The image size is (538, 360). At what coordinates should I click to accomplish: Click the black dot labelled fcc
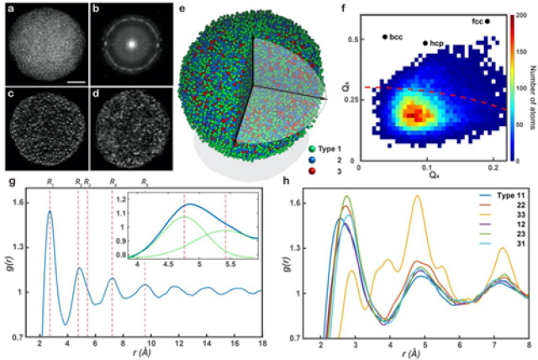click(x=487, y=21)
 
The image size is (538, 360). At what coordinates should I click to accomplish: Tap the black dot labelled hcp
click(x=425, y=41)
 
